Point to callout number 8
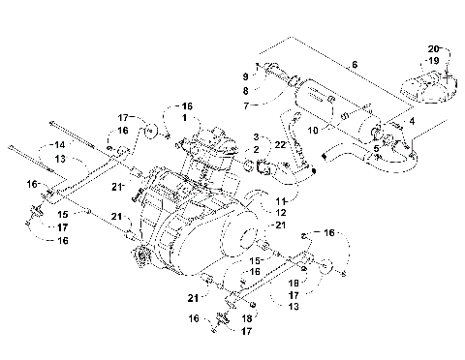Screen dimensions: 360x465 coord(245,89)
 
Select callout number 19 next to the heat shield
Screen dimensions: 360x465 coord(434,60)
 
